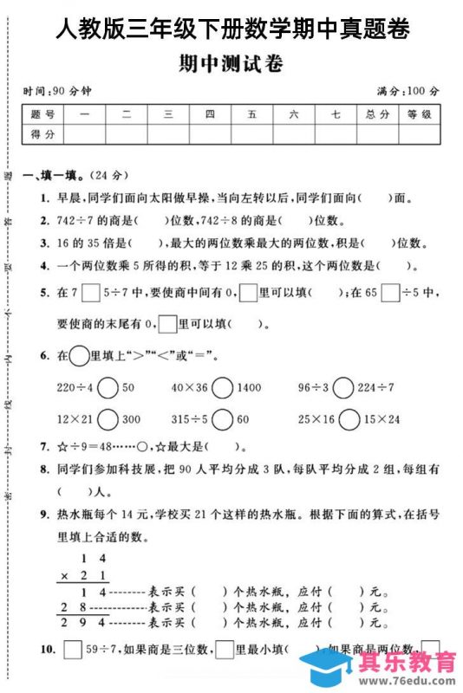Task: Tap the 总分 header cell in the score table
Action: point(375,114)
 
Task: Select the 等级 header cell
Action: point(419,114)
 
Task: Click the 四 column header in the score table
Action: point(210,114)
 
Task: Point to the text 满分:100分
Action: point(408,90)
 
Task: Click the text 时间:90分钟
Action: point(58,90)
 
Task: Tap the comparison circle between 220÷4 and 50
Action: point(108,387)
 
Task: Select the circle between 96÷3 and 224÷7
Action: point(344,387)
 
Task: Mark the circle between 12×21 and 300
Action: point(108,419)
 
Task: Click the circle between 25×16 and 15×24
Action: point(349,419)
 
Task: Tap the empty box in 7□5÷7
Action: point(90,294)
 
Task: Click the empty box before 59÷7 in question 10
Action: point(71,648)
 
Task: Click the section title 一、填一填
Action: point(54,174)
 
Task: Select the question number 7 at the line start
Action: point(43,447)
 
